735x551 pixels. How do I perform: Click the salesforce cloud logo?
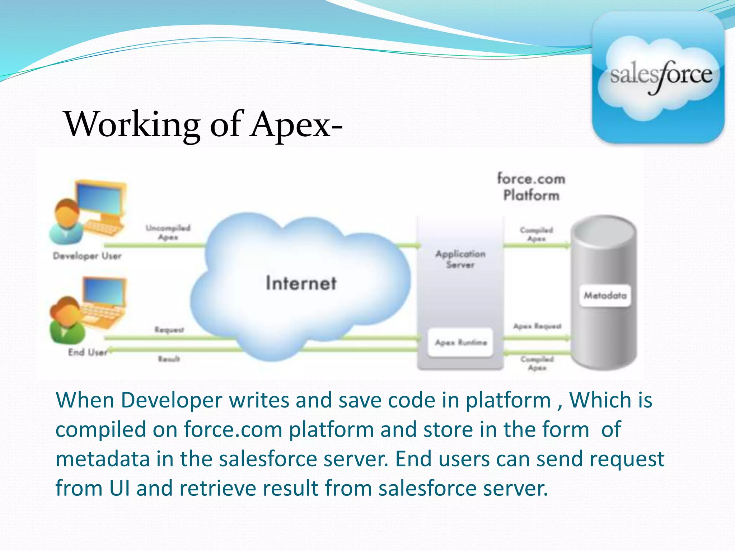point(659,77)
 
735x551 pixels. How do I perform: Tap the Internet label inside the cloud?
point(301,283)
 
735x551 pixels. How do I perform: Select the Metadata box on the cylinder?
point(605,296)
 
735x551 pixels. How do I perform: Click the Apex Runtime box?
point(461,343)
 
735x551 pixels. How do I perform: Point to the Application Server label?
point(460,259)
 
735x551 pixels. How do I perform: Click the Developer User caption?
point(87,256)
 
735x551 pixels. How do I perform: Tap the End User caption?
point(88,352)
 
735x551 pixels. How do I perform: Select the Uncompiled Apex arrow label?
point(168,232)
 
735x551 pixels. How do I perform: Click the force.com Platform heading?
point(531,187)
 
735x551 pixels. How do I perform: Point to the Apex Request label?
point(537,326)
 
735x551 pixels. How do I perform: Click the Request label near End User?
point(169,329)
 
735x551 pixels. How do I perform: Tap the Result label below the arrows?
point(169,359)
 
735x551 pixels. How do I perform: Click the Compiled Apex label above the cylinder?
point(537,234)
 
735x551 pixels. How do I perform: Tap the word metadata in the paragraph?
point(103,459)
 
